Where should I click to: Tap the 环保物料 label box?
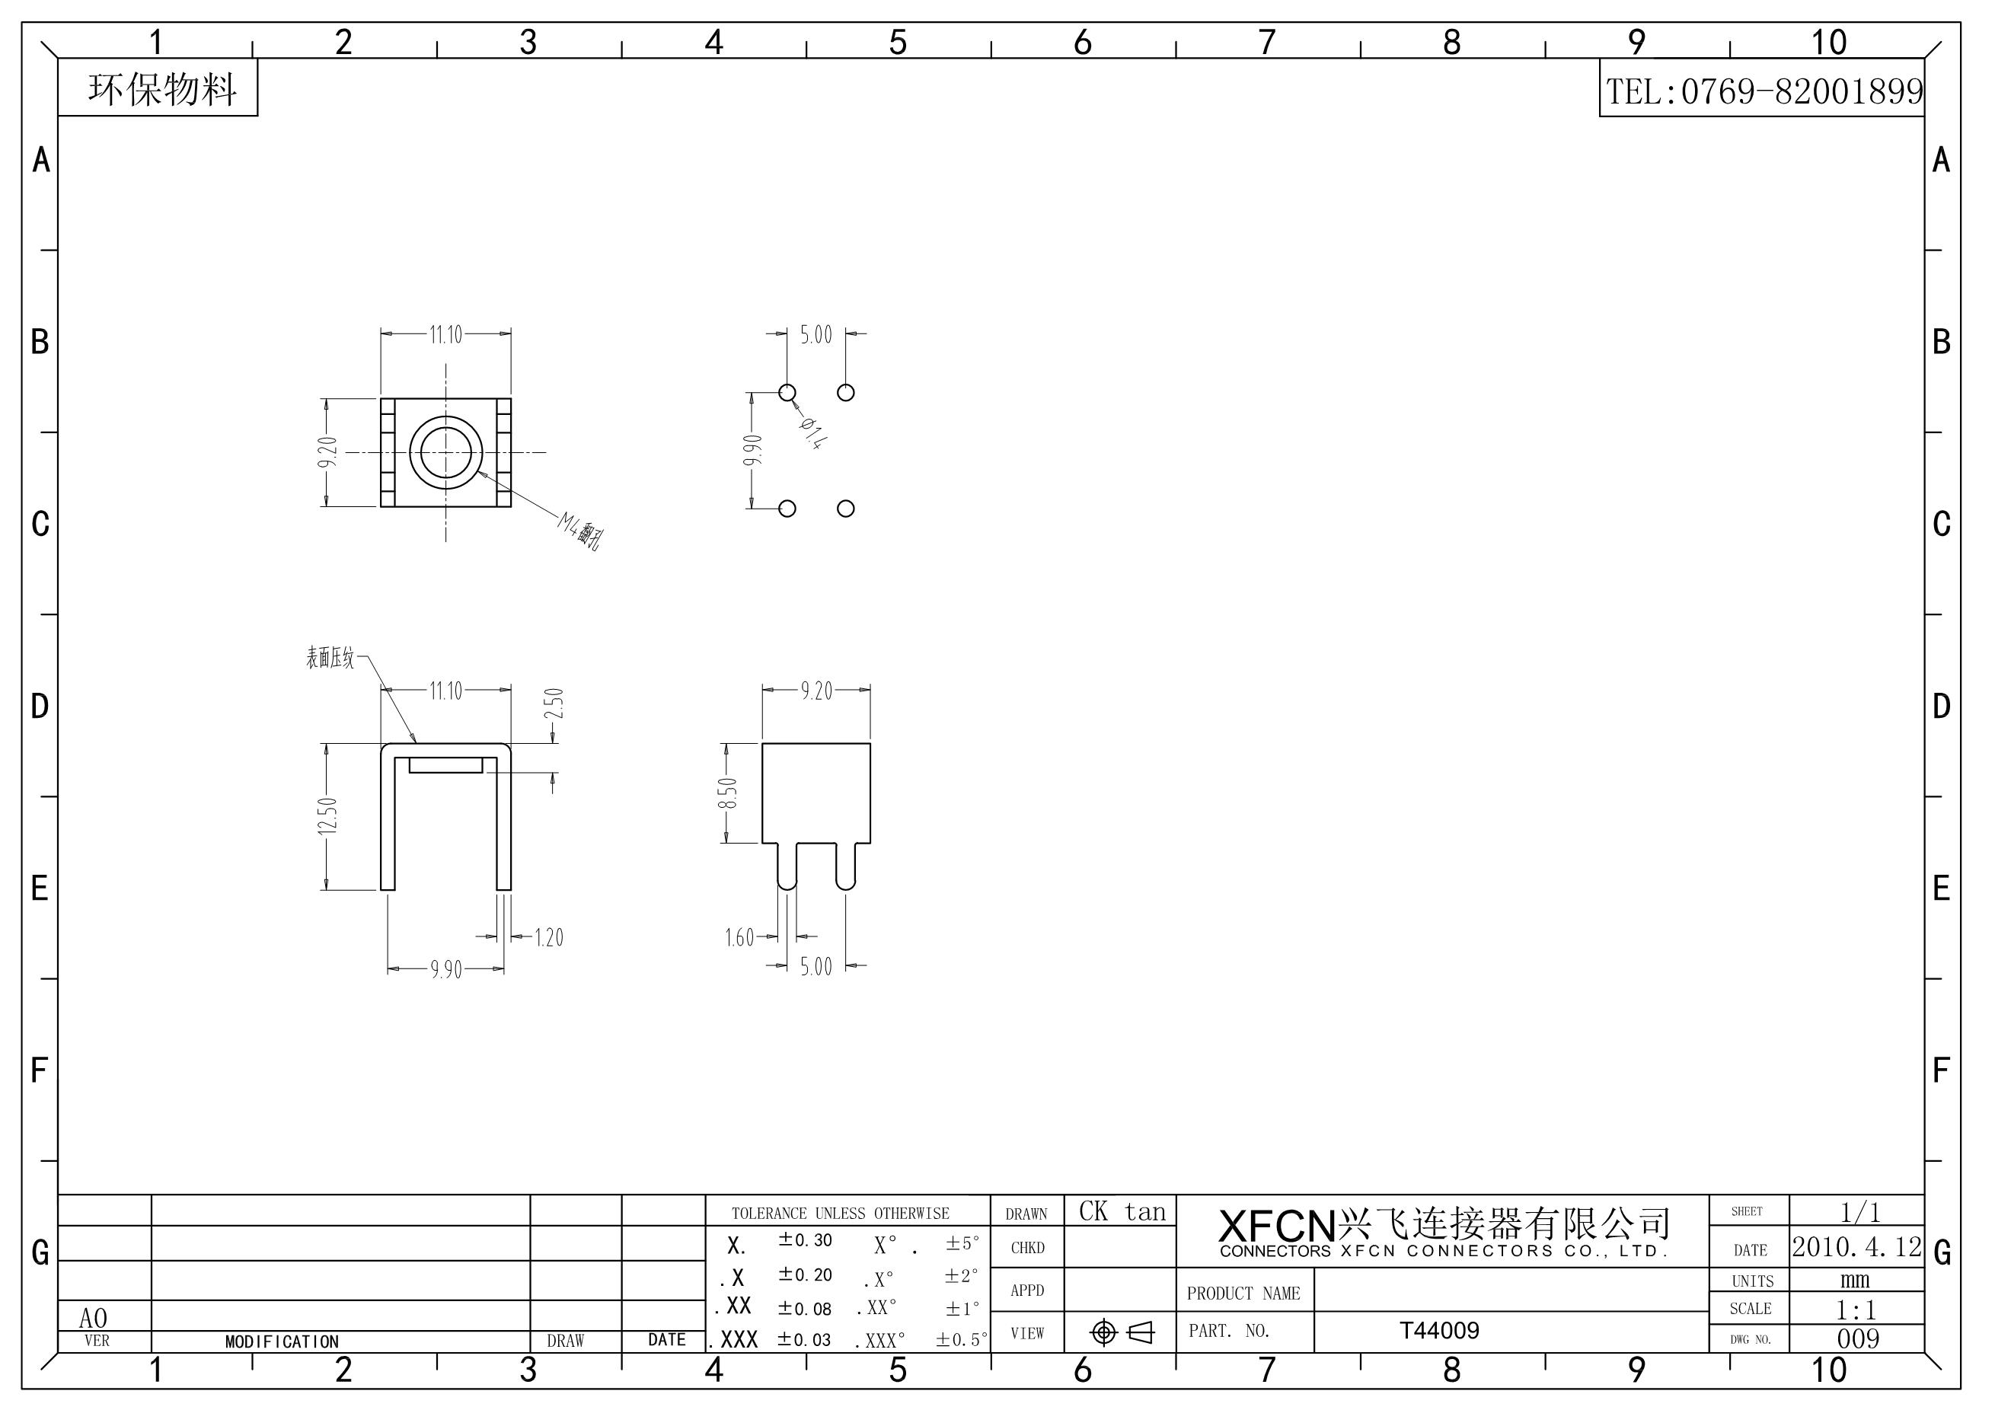pos(158,88)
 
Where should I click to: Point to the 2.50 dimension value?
pos(555,703)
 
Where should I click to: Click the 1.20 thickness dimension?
pos(548,937)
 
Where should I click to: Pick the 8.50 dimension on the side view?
pos(727,793)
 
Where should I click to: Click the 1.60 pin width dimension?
pos(739,937)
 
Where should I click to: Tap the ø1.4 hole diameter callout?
pos(813,432)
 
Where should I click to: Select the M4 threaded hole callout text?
pos(580,531)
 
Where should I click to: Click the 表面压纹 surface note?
pos(330,658)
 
